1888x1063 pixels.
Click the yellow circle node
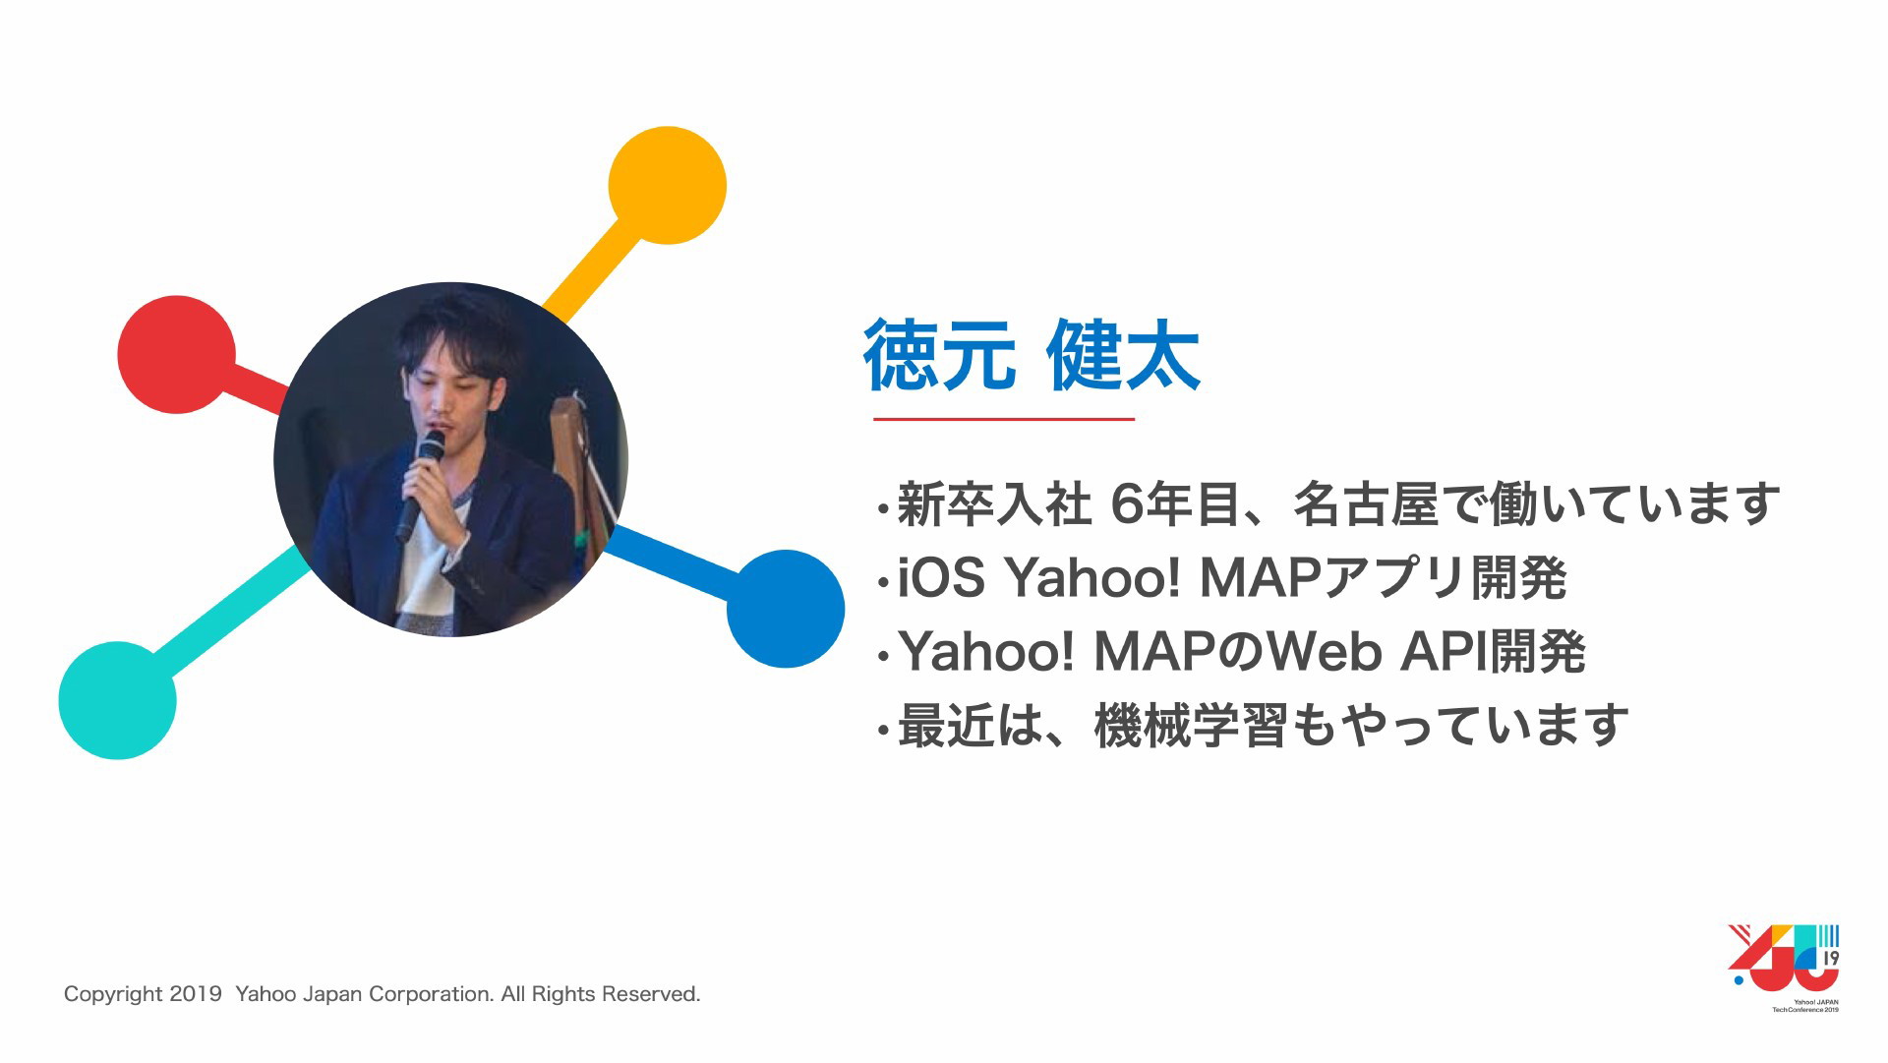click(x=667, y=185)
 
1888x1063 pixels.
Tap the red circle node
click(x=177, y=354)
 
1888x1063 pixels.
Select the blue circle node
click(x=786, y=609)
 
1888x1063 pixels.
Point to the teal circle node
click(x=118, y=700)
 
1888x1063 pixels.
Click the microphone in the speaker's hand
click(x=420, y=486)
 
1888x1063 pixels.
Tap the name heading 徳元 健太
click(x=1032, y=356)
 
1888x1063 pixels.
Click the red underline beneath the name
click(x=1004, y=419)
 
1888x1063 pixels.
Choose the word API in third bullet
click(x=1444, y=652)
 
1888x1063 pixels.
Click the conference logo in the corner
click(x=1784, y=968)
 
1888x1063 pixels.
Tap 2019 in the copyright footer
click(x=195, y=994)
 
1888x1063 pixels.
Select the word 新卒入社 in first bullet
click(x=994, y=503)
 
